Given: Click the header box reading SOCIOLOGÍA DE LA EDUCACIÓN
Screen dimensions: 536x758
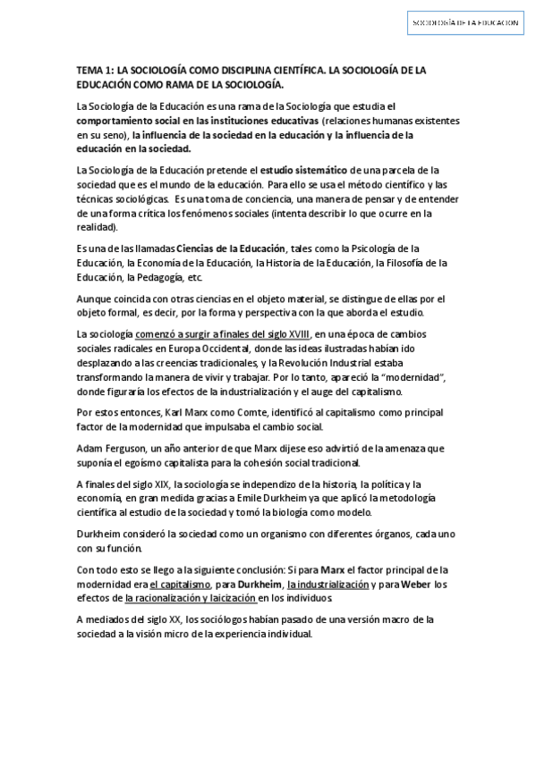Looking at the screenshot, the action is pos(464,24).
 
